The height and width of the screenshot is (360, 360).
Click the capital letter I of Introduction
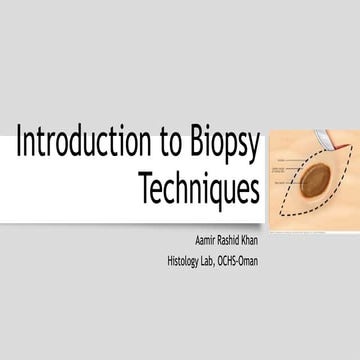[18, 146]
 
